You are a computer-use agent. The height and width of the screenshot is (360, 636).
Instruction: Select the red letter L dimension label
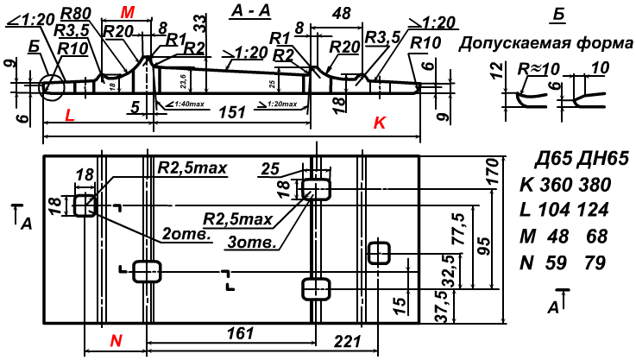70,115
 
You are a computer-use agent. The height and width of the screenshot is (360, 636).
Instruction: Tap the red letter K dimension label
379,124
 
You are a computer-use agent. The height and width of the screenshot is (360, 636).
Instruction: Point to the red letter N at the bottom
116,341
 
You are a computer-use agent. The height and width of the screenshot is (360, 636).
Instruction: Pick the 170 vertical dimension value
494,175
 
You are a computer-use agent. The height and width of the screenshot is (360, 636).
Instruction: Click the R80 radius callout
77,12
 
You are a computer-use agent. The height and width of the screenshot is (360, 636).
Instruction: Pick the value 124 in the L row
594,211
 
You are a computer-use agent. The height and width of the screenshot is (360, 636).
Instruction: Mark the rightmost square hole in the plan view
380,253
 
